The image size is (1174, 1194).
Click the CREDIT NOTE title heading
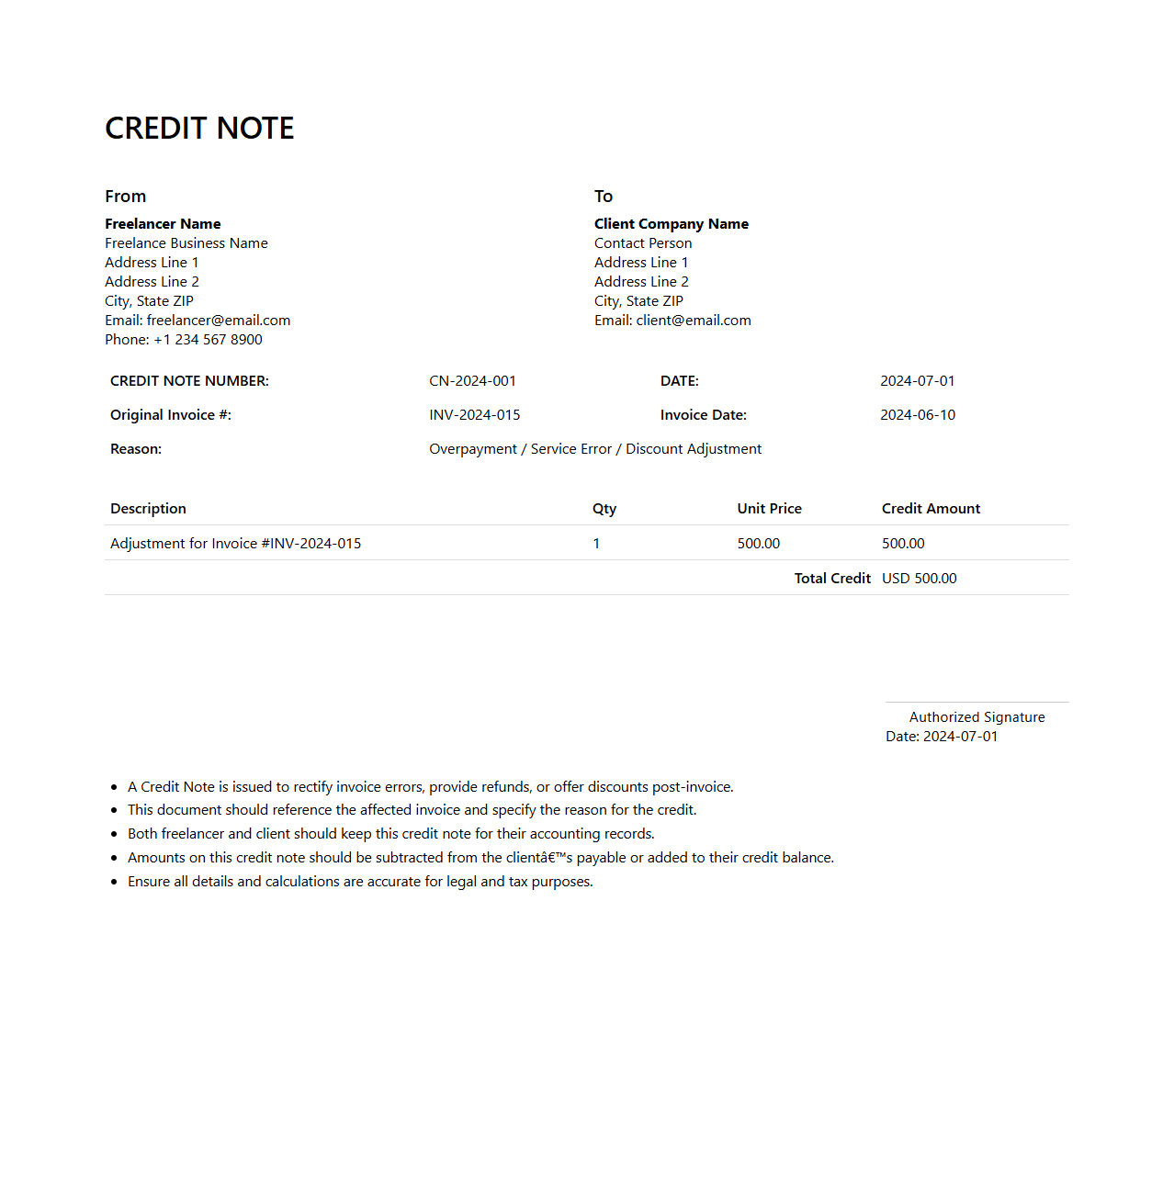coord(199,129)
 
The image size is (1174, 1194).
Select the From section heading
coord(125,197)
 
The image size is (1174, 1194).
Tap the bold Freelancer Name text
coord(163,224)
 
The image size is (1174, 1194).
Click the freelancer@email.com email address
coord(219,321)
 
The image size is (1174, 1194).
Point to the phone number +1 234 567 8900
coord(208,340)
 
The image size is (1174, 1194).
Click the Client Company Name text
coord(671,224)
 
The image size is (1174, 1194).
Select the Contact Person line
coord(643,243)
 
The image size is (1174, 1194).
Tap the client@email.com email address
coord(694,321)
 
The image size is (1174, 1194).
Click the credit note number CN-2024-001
coord(472,381)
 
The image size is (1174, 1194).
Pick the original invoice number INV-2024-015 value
coord(474,415)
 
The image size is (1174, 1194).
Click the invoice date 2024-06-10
coord(917,415)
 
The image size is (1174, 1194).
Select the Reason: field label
coord(136,449)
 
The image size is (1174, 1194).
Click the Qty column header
coord(604,509)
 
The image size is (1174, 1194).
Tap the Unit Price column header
coord(769,509)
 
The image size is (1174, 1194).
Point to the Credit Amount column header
coord(931,509)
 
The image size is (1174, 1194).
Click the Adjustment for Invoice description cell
coord(235,544)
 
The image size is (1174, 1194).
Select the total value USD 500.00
coord(919,579)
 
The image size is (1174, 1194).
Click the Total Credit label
coord(832,579)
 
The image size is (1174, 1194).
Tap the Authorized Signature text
coord(976,717)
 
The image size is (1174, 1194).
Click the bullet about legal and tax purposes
coord(360,882)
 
